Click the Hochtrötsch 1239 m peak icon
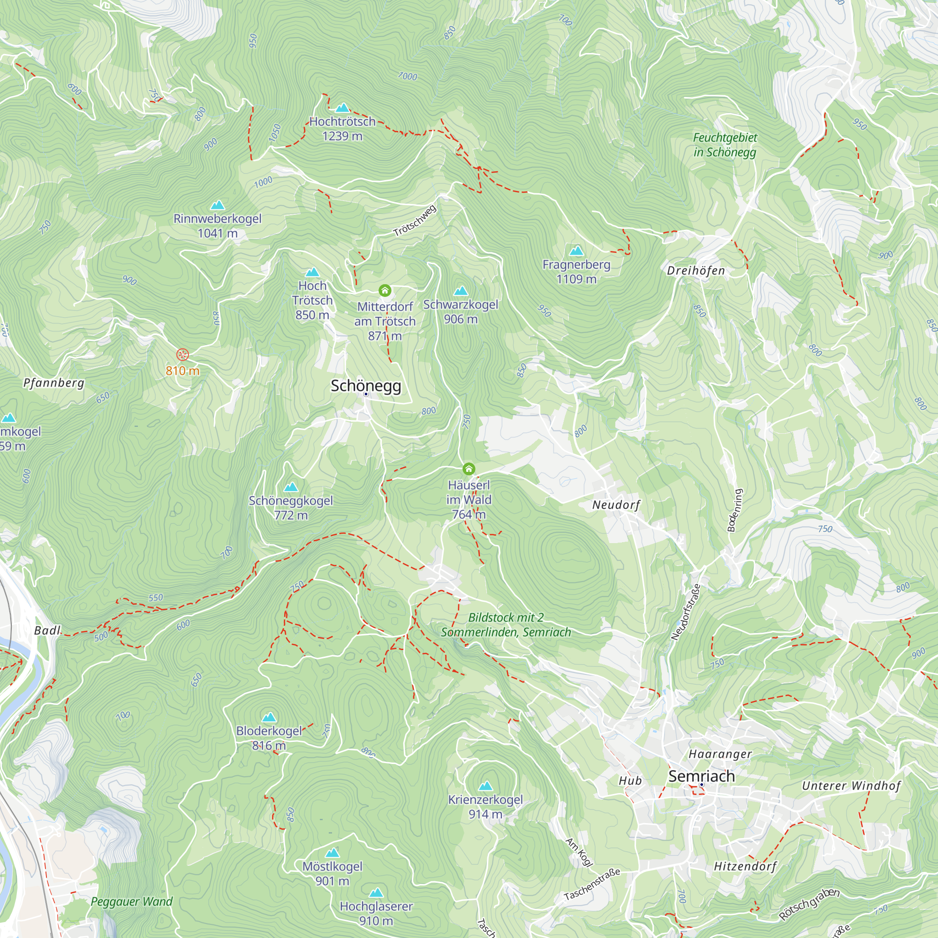pos(342,108)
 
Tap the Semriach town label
pos(701,776)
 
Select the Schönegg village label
pos(366,386)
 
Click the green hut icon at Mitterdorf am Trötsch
pos(385,290)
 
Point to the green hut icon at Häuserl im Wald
pos(469,469)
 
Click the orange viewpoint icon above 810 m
pos(182,355)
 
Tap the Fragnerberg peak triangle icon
pos(576,251)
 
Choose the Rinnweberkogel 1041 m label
pos(218,226)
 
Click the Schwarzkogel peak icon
pos(460,291)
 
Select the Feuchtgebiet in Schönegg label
pos(725,144)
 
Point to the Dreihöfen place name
pos(696,271)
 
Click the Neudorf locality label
pos(616,505)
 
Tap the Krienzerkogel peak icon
pos(485,786)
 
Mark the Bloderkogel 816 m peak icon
pos(269,717)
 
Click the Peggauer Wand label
pos(132,901)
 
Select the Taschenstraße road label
pos(592,884)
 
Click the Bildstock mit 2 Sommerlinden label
pos(506,625)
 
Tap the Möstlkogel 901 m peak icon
pos(332,853)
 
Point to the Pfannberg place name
pos(54,383)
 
